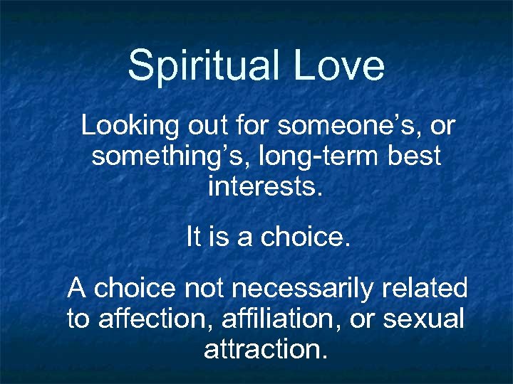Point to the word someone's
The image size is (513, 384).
pyautogui.click(x=348, y=127)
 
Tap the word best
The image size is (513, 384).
pyautogui.click(x=415, y=156)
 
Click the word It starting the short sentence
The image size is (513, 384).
pyautogui.click(x=194, y=237)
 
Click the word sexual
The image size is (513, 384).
pyautogui.click(x=423, y=319)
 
